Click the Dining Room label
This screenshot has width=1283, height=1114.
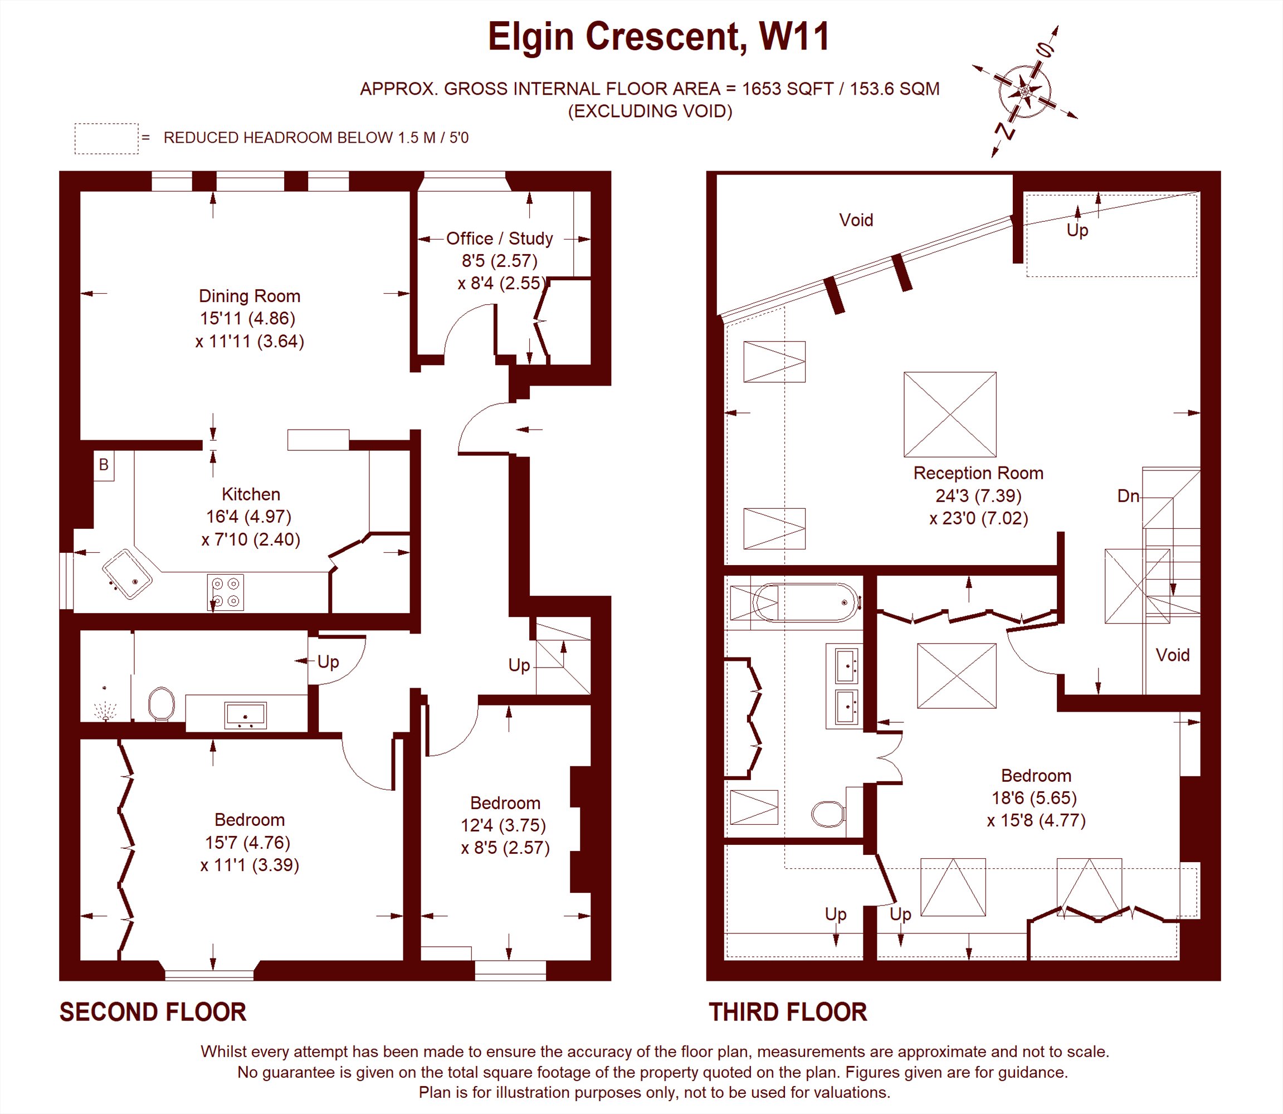click(x=249, y=296)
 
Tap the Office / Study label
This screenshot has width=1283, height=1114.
click(x=500, y=239)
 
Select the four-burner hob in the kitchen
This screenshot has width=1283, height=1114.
click(x=226, y=592)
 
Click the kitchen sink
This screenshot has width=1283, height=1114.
click(x=128, y=573)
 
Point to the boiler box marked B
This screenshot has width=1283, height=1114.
click(x=104, y=464)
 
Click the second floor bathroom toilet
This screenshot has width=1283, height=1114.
click(x=162, y=704)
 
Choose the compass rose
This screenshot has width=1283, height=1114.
click(x=1025, y=91)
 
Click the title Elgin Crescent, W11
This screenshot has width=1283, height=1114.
click(x=658, y=37)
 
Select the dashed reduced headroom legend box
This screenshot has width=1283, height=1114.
click(x=106, y=139)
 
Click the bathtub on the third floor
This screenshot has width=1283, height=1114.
click(x=804, y=602)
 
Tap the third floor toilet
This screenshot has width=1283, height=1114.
click(x=828, y=813)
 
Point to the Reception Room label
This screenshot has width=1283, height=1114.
click(x=978, y=473)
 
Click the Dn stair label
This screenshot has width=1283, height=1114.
click(x=1128, y=495)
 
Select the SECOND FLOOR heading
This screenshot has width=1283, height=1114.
click(x=153, y=1013)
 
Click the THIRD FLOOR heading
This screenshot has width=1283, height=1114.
click(x=788, y=1013)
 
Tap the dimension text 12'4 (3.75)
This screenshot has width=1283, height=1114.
click(x=503, y=825)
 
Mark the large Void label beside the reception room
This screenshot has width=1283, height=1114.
click(x=856, y=220)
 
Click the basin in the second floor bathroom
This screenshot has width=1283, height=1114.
click(x=246, y=715)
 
